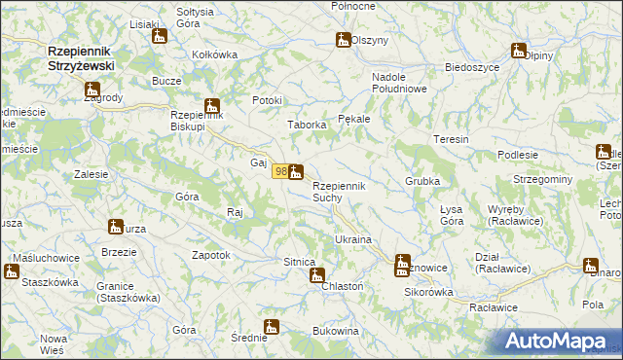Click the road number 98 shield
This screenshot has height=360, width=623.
[279, 171]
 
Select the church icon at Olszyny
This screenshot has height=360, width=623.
[343, 40]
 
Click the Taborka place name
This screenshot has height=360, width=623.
[305, 125]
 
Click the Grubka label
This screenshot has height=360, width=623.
[422, 182]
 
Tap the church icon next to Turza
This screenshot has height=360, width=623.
[116, 227]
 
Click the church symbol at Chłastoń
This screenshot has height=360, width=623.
[316, 275]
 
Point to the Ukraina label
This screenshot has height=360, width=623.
[353, 239]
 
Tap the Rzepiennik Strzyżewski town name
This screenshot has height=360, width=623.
[81, 57]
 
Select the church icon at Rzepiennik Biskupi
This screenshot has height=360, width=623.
[212, 107]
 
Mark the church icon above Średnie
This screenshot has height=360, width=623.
[272, 327]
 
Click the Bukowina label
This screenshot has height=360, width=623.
[336, 332]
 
